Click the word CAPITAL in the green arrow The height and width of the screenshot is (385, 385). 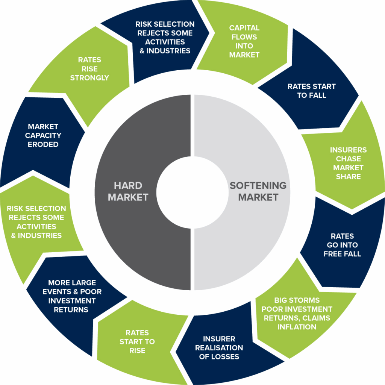coord(244,28)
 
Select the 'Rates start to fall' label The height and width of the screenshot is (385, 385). coord(312,91)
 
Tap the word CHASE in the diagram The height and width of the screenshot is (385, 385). coord(348,159)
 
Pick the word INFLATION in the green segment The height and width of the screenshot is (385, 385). coord(297,327)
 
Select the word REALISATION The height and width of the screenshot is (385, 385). coord(219,348)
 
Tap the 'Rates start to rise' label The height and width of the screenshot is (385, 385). coord(137,342)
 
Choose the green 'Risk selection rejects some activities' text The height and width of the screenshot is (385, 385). coord(36,222)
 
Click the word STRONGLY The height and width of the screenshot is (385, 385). coord(89,78)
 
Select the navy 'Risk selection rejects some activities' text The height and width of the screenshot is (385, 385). coord(165,37)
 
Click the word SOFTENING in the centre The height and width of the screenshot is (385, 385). coord(258,186)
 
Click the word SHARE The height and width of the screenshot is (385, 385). coord(348,177)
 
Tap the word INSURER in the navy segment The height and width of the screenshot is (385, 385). coord(219,339)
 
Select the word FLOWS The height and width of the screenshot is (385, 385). coord(244,37)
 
